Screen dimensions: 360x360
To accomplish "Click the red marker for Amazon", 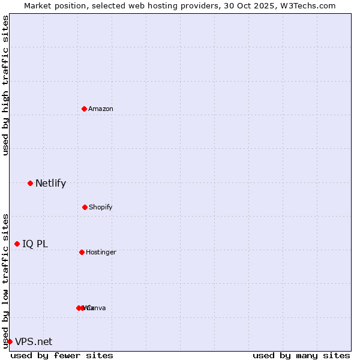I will (84, 109).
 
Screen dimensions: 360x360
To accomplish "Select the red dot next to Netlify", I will (30, 183).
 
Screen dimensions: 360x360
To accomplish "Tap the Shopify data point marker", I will (85, 207).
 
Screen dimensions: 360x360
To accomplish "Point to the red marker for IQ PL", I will (17, 244).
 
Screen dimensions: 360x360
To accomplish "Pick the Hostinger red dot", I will (82, 252).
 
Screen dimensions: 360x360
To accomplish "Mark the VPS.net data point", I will (10, 341).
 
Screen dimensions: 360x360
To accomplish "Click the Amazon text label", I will (101, 109).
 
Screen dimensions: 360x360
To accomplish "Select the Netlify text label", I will (50, 183).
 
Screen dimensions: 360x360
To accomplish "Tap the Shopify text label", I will (101, 207).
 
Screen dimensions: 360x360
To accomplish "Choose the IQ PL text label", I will (35, 244).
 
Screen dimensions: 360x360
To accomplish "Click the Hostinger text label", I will (101, 252).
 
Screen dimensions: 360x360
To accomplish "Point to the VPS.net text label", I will (34, 341).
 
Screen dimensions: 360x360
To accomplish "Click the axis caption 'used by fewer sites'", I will (62, 355).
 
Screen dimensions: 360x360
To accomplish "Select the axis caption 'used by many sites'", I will (301, 355).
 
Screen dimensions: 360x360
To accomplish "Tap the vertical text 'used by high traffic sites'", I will (5, 85).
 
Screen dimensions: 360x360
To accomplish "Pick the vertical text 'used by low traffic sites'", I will (5, 280).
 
